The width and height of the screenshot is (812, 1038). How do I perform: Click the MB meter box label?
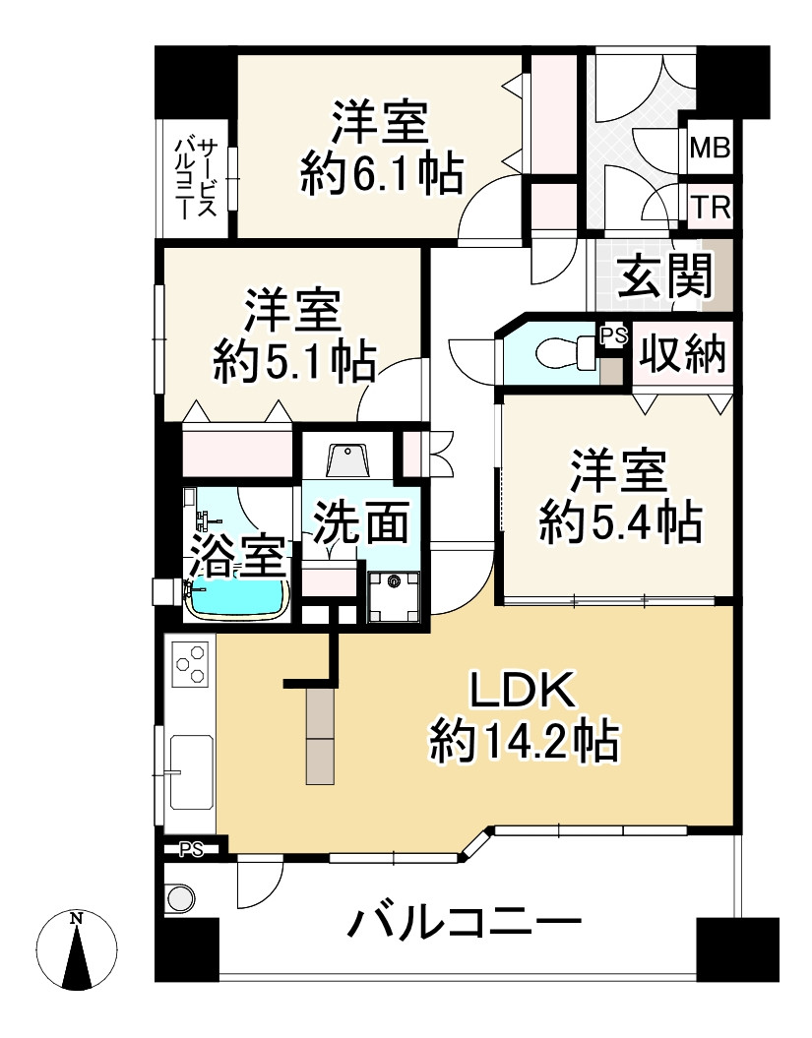point(709,149)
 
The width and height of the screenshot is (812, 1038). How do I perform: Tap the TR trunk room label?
point(709,207)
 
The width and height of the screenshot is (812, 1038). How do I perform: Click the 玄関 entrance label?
point(665,277)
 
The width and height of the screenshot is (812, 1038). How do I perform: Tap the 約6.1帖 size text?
point(381,175)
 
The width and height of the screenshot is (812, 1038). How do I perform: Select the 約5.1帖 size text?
point(294,364)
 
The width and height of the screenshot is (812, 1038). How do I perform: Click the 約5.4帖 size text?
point(619,522)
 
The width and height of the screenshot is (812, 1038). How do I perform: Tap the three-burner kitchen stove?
point(190,663)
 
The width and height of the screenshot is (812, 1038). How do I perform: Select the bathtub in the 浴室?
point(239,597)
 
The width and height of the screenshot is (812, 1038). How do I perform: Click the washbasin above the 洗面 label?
point(346,460)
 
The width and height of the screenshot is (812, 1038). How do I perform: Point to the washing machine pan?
point(394,596)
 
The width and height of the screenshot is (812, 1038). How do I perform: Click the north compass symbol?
point(77,950)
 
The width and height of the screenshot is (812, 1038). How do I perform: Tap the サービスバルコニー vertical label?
point(194,178)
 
